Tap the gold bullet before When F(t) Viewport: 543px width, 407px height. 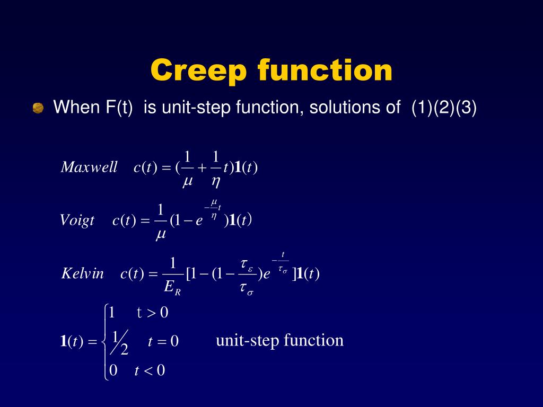(38, 109)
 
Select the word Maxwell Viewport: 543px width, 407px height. (89, 167)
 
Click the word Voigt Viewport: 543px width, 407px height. (77, 220)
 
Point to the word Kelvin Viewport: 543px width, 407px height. (83, 273)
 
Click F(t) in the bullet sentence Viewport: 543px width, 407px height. (117, 108)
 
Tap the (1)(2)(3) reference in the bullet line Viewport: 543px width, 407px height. (444, 108)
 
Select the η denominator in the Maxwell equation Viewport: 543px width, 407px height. (216, 182)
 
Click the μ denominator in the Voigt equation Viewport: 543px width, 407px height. (161, 234)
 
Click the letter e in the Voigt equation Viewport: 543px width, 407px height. (199, 222)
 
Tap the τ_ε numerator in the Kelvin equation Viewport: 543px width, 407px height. (246, 263)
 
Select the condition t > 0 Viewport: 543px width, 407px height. (152, 313)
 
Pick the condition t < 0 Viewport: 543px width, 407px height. (150, 370)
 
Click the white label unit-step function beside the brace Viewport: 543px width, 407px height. (279, 340)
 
